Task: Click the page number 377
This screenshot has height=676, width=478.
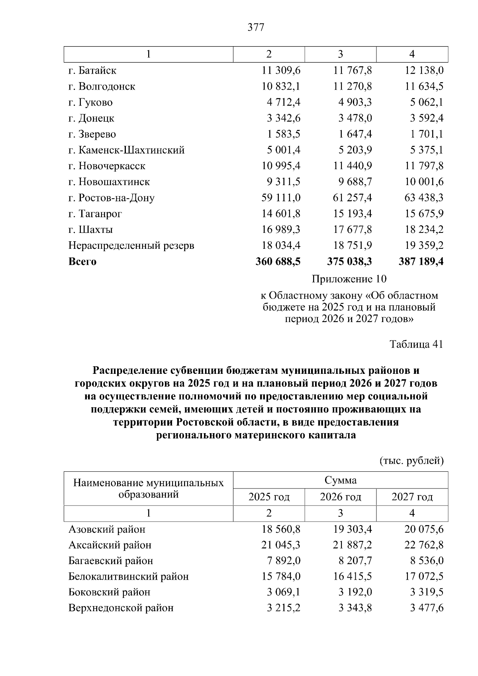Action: [256, 27]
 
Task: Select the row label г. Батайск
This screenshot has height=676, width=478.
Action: [92, 70]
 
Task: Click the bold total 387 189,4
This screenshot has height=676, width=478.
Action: [421, 262]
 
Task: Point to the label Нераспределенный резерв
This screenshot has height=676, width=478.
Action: [131, 246]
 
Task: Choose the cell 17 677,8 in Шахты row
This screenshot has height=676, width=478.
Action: [353, 230]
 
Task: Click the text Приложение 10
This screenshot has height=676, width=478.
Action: [349, 279]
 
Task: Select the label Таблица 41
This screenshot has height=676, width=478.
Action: [416, 344]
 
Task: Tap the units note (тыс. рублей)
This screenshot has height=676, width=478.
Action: [411, 461]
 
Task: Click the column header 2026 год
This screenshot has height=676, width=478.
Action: [341, 497]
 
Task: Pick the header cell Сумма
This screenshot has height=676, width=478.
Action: [341, 480]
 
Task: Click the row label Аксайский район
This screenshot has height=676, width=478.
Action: [110, 545]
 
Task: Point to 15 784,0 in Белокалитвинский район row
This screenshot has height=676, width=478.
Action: [281, 576]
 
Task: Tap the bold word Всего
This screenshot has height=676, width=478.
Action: [82, 262]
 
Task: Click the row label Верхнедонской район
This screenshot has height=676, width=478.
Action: [121, 608]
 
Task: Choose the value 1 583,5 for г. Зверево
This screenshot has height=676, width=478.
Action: [284, 134]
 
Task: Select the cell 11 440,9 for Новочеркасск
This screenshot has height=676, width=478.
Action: [353, 166]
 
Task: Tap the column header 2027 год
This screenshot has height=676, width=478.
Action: [412, 497]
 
